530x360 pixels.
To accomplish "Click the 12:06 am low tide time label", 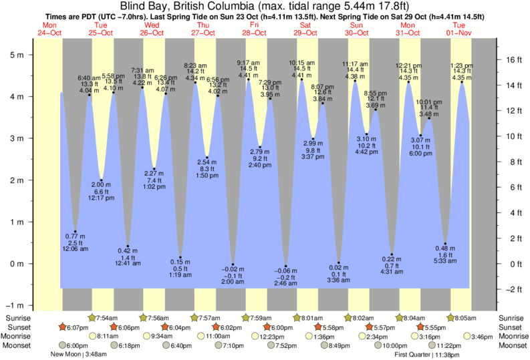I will (x=75, y=249).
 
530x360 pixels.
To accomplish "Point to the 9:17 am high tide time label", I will (x=249, y=63).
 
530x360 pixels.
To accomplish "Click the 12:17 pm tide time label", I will (x=102, y=198).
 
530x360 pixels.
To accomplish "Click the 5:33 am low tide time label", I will (x=444, y=261).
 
